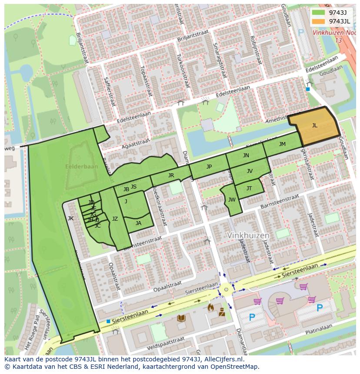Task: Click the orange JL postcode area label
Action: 314,126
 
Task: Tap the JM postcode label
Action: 282,144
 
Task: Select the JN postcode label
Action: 246,156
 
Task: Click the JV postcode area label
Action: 250,171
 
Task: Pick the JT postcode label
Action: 249,189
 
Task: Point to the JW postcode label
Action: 232,200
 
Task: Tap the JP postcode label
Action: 209,167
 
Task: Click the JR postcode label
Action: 171,175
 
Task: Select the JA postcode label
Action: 138,223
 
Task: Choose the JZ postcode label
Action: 115,219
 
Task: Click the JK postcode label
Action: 70,218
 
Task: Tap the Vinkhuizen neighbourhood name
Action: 248,235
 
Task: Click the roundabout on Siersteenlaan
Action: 225,289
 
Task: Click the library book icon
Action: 181,318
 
